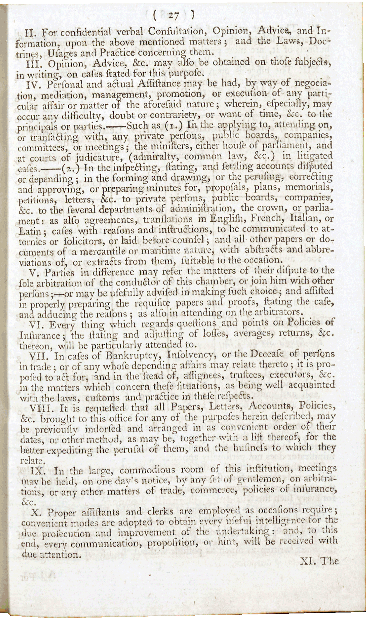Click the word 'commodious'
point(145,470)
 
